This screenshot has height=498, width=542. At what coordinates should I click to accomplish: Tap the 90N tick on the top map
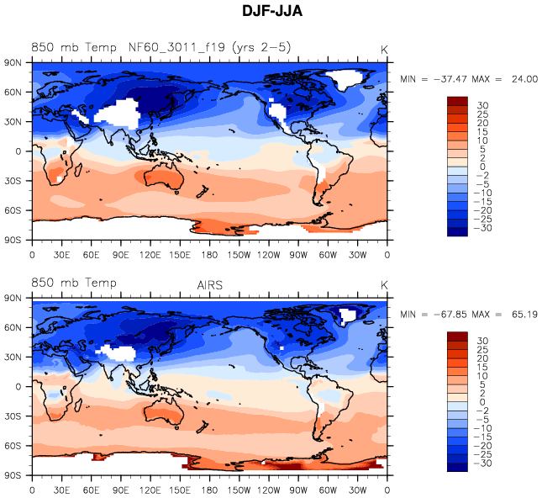tap(13, 62)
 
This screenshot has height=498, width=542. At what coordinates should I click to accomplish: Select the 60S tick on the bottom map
tap(13, 444)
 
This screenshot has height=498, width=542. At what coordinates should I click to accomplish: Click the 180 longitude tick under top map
tap(210, 254)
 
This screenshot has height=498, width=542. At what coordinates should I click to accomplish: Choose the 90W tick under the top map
tap(299, 254)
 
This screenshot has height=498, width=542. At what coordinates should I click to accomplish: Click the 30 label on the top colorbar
tap(483, 106)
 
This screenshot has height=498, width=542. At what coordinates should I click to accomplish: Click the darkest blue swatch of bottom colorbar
tap(458, 469)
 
